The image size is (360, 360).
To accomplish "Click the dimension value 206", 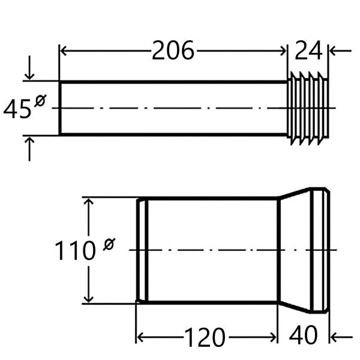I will click(x=173, y=52).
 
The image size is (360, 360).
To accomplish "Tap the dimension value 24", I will click(x=308, y=52).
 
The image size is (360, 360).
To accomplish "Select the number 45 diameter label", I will click(x=17, y=110).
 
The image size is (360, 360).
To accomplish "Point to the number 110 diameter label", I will click(x=75, y=251).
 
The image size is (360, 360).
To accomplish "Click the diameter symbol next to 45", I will click(x=40, y=101).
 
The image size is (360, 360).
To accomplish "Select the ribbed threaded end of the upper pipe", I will click(x=308, y=109).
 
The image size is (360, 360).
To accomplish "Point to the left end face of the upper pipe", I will click(x=60, y=108).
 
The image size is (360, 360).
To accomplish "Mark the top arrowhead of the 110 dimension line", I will click(x=89, y=203).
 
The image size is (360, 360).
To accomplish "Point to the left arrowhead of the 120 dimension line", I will click(x=141, y=337).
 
